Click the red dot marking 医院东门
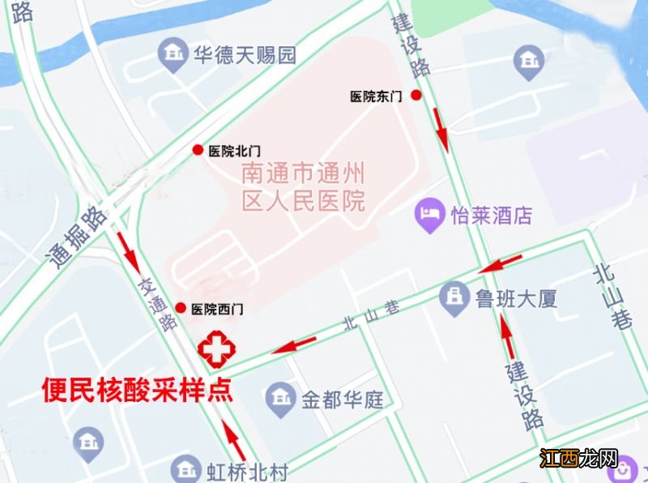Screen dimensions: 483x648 [x=416, y=96]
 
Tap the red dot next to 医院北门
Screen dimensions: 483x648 [x=198, y=150]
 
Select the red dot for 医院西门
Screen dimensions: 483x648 [x=181, y=308]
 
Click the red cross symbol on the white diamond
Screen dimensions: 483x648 [x=216, y=349]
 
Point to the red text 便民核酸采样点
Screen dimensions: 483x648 [x=137, y=391]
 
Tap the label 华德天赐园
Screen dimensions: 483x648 [x=244, y=55]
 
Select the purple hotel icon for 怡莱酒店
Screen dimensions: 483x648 [x=428, y=216]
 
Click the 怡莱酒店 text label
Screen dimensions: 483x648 [x=492, y=216]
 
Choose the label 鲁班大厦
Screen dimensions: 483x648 [x=516, y=299]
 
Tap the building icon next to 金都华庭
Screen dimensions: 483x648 [x=279, y=399]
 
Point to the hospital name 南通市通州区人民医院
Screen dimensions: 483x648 [x=304, y=186]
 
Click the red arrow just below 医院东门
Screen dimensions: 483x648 [x=441, y=128]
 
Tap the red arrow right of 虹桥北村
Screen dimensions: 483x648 [x=234, y=439]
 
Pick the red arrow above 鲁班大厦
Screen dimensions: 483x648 [x=501, y=263]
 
